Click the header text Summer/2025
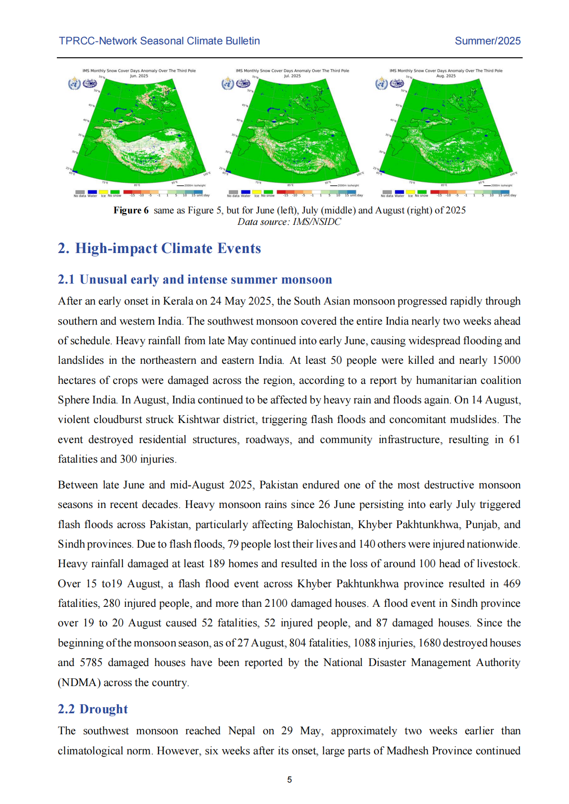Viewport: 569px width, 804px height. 487,41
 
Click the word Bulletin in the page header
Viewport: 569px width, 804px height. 241,41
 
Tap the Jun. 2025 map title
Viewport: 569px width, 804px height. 139,76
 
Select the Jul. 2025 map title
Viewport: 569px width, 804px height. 292,76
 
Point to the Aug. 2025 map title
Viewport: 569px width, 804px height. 446,76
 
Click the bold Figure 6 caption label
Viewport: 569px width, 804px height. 131,211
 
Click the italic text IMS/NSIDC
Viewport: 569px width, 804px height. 317,222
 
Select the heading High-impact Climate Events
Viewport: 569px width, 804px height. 168,248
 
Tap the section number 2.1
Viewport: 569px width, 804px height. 66,280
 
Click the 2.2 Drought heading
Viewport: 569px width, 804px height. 93,709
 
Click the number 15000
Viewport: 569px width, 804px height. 506,360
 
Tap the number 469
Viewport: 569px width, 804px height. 512,584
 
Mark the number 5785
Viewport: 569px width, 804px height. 91,663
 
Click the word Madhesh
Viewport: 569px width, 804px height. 407,751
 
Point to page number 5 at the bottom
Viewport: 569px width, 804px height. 289,780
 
